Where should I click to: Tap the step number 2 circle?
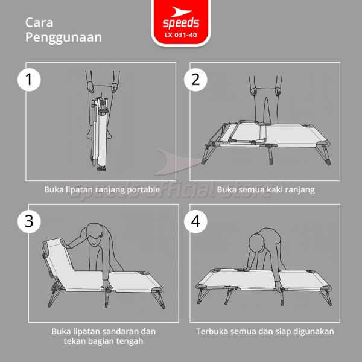[x=195, y=80]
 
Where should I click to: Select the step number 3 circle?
[x=28, y=221]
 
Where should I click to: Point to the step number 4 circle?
[x=195, y=221]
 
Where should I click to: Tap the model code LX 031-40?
[x=181, y=35]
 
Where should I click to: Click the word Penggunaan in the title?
[x=63, y=37]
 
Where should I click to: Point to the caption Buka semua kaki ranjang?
[x=265, y=189]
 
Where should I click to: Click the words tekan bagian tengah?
[x=103, y=341]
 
